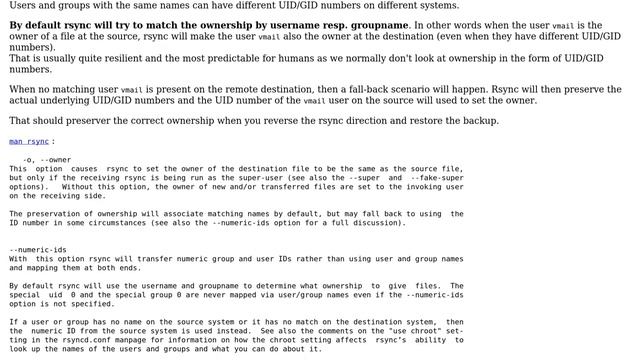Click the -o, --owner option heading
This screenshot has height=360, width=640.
click(x=47, y=160)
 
